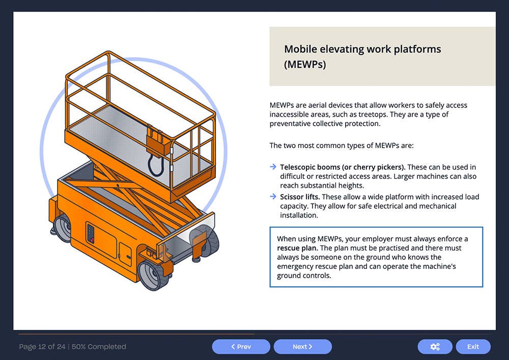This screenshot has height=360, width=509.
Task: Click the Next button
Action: tap(302, 347)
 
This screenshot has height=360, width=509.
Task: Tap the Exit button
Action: tap(473, 347)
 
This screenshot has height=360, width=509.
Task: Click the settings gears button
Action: tap(435, 347)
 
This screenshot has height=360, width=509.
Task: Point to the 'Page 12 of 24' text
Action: tap(42, 347)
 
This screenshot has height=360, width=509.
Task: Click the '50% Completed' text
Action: tap(99, 347)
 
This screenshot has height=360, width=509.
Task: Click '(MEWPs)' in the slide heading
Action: tap(305, 65)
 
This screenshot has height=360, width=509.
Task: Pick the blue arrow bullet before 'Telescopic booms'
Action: tap(273, 167)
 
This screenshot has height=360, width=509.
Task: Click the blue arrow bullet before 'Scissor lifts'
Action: tap(273, 197)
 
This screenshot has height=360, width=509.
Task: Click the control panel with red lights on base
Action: tap(92, 235)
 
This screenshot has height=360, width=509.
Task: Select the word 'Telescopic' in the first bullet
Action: tap(297, 167)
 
